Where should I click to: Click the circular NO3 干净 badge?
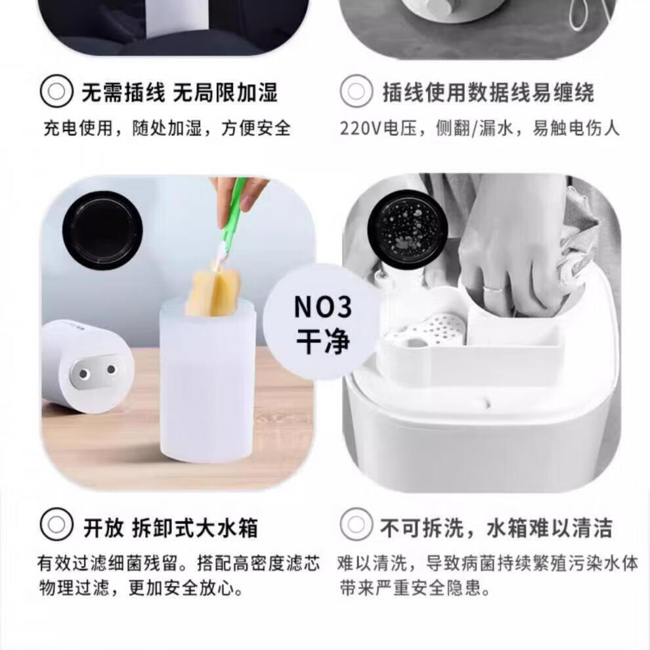point(322,322)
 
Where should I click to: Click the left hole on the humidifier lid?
point(83,374)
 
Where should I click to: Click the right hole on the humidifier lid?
point(111,369)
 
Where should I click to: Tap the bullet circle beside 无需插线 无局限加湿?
point(56,91)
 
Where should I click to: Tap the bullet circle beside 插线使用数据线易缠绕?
point(356,91)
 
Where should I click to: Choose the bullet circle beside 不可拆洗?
point(356,525)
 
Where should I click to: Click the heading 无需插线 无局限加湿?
point(179,92)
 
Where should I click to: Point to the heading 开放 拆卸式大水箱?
point(170,527)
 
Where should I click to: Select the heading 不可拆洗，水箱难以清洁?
point(496,527)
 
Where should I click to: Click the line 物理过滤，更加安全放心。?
point(141,588)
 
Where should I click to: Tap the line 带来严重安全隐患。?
point(415,588)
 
